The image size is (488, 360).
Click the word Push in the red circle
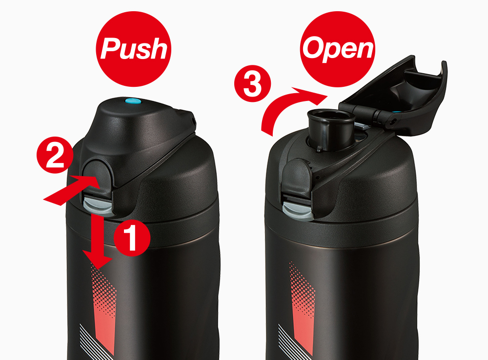pos(134,49)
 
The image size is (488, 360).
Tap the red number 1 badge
pos(132,238)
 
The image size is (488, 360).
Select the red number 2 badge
pos(55,155)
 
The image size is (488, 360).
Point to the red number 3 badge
pos(252,83)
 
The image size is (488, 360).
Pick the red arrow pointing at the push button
pos(72,190)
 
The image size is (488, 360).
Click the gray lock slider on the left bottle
pos(98,206)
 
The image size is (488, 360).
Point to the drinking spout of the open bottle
pos(331,128)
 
